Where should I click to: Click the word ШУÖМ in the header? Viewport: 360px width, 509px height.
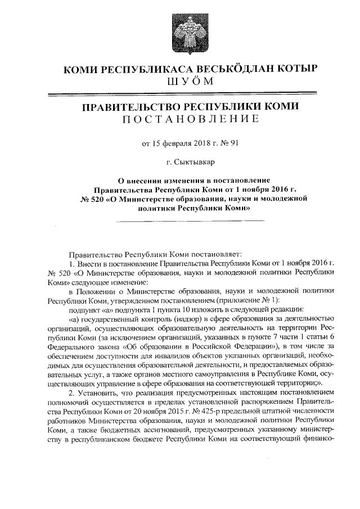[x=191, y=82]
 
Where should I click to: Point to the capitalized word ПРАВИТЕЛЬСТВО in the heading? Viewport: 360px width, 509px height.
[x=129, y=107]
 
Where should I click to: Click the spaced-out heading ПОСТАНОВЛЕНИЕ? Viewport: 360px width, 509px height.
[x=191, y=120]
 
